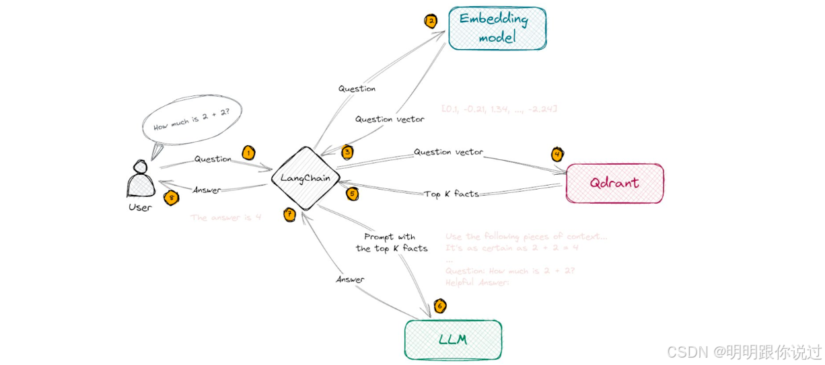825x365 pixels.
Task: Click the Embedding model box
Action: pyautogui.click(x=497, y=28)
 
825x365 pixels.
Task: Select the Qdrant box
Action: pyautogui.click(x=614, y=183)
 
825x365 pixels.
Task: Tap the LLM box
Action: pyautogui.click(x=453, y=339)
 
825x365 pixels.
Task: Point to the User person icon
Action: pyautogui.click(x=140, y=178)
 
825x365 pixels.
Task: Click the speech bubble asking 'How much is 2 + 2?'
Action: pyautogui.click(x=192, y=122)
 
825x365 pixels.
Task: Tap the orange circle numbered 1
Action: pyautogui.click(x=248, y=153)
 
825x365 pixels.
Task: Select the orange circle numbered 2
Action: pyautogui.click(x=431, y=21)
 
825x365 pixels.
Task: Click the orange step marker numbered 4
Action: pyautogui.click(x=557, y=154)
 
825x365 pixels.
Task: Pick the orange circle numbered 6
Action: pyautogui.click(x=439, y=307)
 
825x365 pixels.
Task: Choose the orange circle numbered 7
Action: pyautogui.click(x=289, y=214)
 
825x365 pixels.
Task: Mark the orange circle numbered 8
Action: pyautogui.click(x=172, y=198)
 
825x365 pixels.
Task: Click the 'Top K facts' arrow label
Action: pyautogui.click(x=452, y=194)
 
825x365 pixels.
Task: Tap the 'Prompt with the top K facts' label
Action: pyautogui.click(x=391, y=243)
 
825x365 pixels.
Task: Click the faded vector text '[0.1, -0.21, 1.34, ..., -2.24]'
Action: pyautogui.click(x=499, y=109)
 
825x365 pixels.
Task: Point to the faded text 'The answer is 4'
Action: pyautogui.click(x=225, y=218)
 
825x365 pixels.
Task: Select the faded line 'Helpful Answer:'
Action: pyautogui.click(x=477, y=282)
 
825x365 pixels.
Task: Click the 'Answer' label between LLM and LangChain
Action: pyautogui.click(x=350, y=280)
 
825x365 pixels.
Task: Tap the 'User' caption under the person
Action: pyautogui.click(x=140, y=207)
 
